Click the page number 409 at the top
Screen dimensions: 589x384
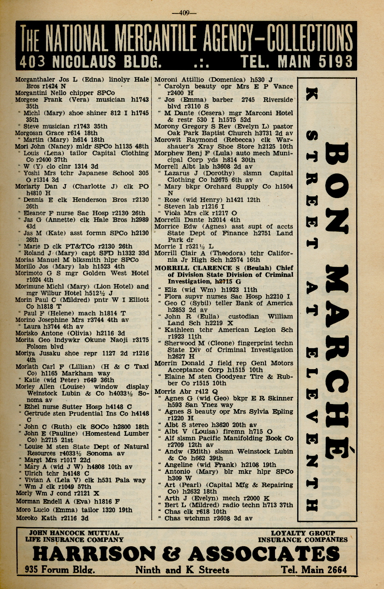click(x=184, y=12)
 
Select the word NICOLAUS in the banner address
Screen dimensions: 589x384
click(x=84, y=62)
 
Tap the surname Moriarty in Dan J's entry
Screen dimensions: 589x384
click(x=29, y=187)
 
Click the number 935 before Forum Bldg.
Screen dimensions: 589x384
click(x=32, y=570)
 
